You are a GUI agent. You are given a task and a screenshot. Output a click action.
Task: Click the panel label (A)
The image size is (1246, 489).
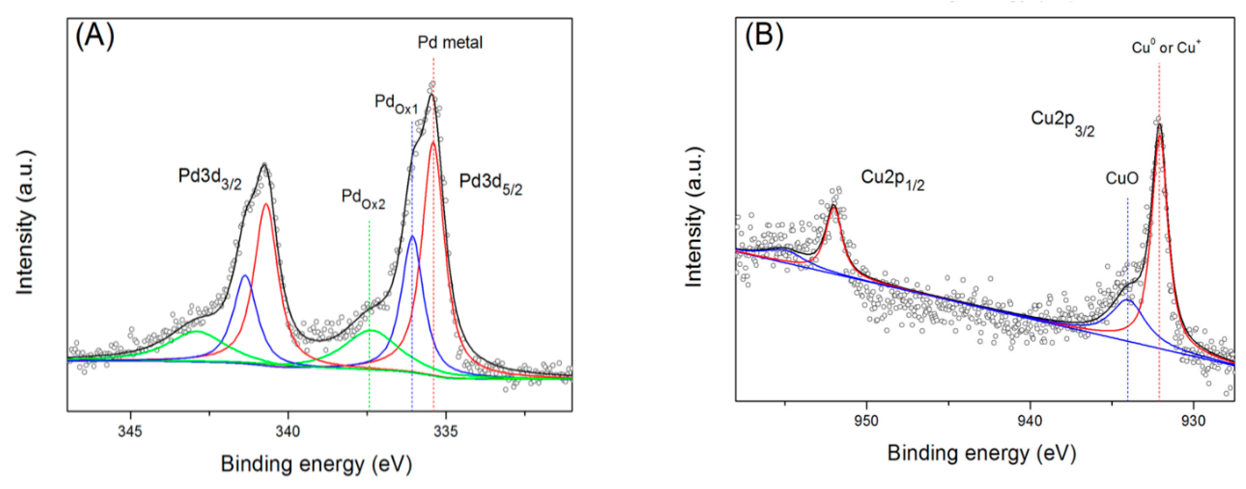tap(95, 37)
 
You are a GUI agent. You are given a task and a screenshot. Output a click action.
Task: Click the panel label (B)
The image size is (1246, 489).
tap(764, 36)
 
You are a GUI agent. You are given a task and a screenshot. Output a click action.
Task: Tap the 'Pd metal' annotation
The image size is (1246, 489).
tap(450, 42)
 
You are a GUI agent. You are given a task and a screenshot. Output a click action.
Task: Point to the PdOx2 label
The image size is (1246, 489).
tap(363, 199)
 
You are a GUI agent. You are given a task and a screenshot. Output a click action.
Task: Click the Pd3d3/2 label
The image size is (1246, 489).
tap(209, 178)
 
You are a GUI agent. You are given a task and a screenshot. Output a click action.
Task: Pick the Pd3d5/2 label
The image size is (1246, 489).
tap(490, 184)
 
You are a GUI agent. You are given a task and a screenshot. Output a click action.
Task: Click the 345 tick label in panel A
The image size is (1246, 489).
tap(130, 431)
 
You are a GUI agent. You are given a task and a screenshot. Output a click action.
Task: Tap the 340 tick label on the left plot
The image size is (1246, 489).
tap(288, 431)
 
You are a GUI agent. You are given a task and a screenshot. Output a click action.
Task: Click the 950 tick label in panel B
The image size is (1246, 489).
tap(866, 420)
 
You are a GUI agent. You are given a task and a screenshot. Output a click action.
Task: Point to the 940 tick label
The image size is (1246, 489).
tap(1030, 420)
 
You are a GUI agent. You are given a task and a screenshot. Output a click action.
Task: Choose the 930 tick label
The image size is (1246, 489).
tap(1194, 420)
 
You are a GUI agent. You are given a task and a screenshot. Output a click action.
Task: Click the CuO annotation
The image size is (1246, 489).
tap(1122, 179)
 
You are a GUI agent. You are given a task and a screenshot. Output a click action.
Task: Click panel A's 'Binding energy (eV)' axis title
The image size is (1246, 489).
tap(316, 464)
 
